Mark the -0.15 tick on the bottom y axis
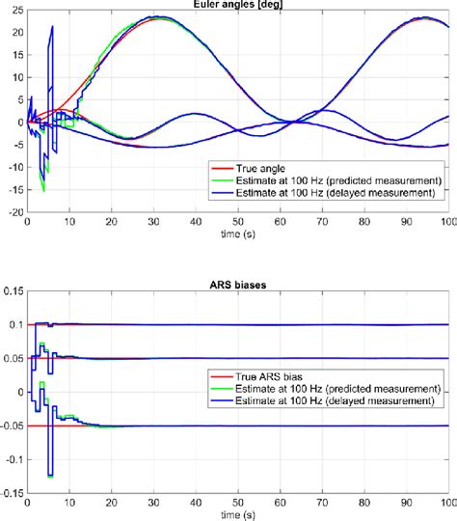click(11, 492)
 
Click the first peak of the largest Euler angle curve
click(153, 17)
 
